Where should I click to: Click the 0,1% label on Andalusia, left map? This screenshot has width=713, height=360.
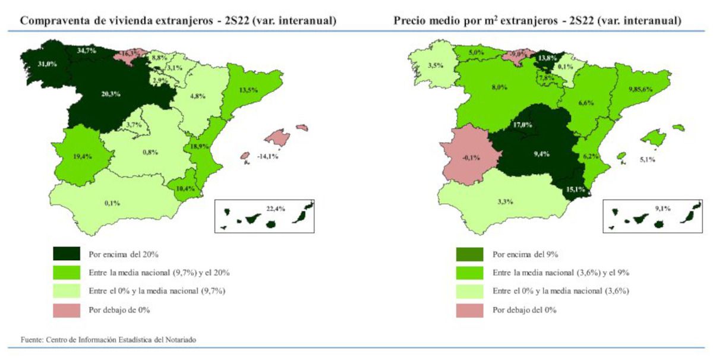pos(112,203)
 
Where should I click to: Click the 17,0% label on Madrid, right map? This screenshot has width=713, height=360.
pos(522,125)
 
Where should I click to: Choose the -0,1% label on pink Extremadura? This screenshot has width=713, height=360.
pos(471,157)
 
